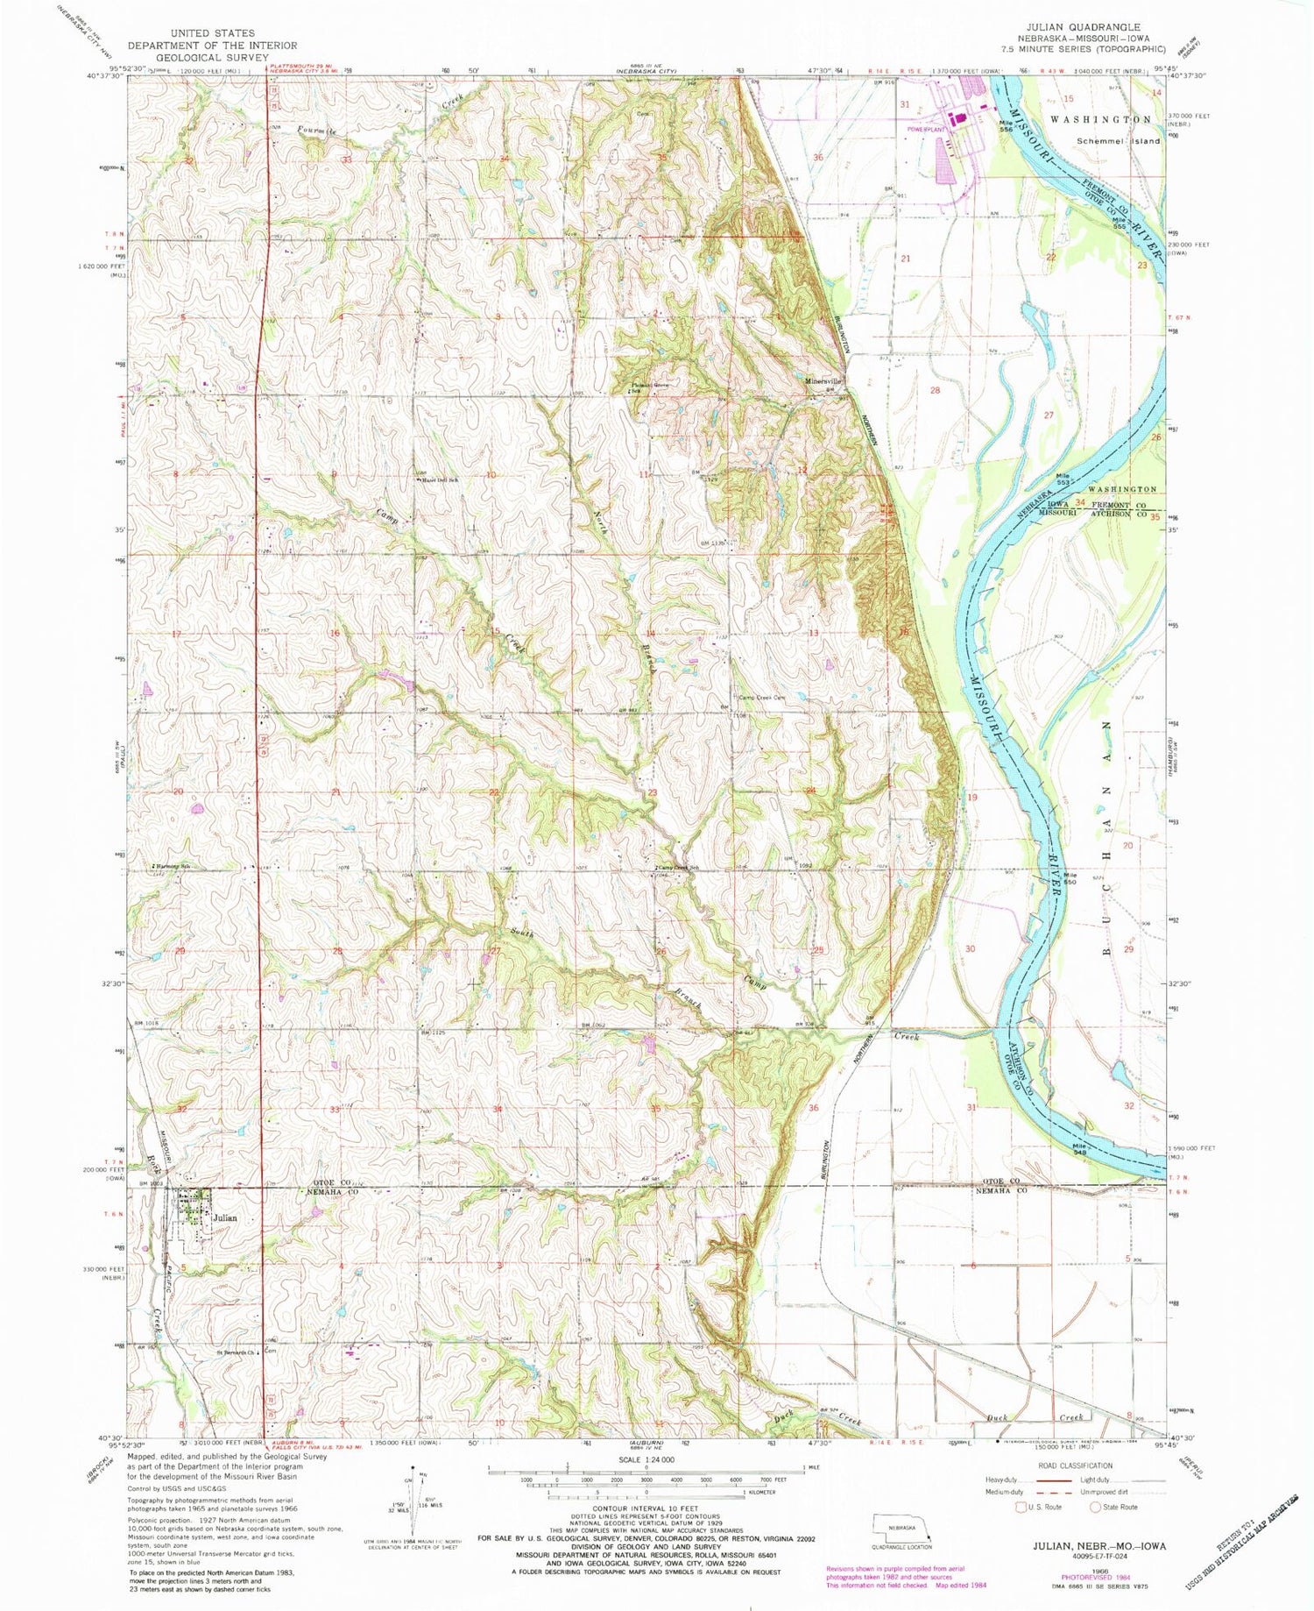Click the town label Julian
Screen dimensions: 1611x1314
[224, 1218]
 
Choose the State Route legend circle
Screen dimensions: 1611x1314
[1095, 1507]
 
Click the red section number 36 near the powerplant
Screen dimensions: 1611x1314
[819, 158]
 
